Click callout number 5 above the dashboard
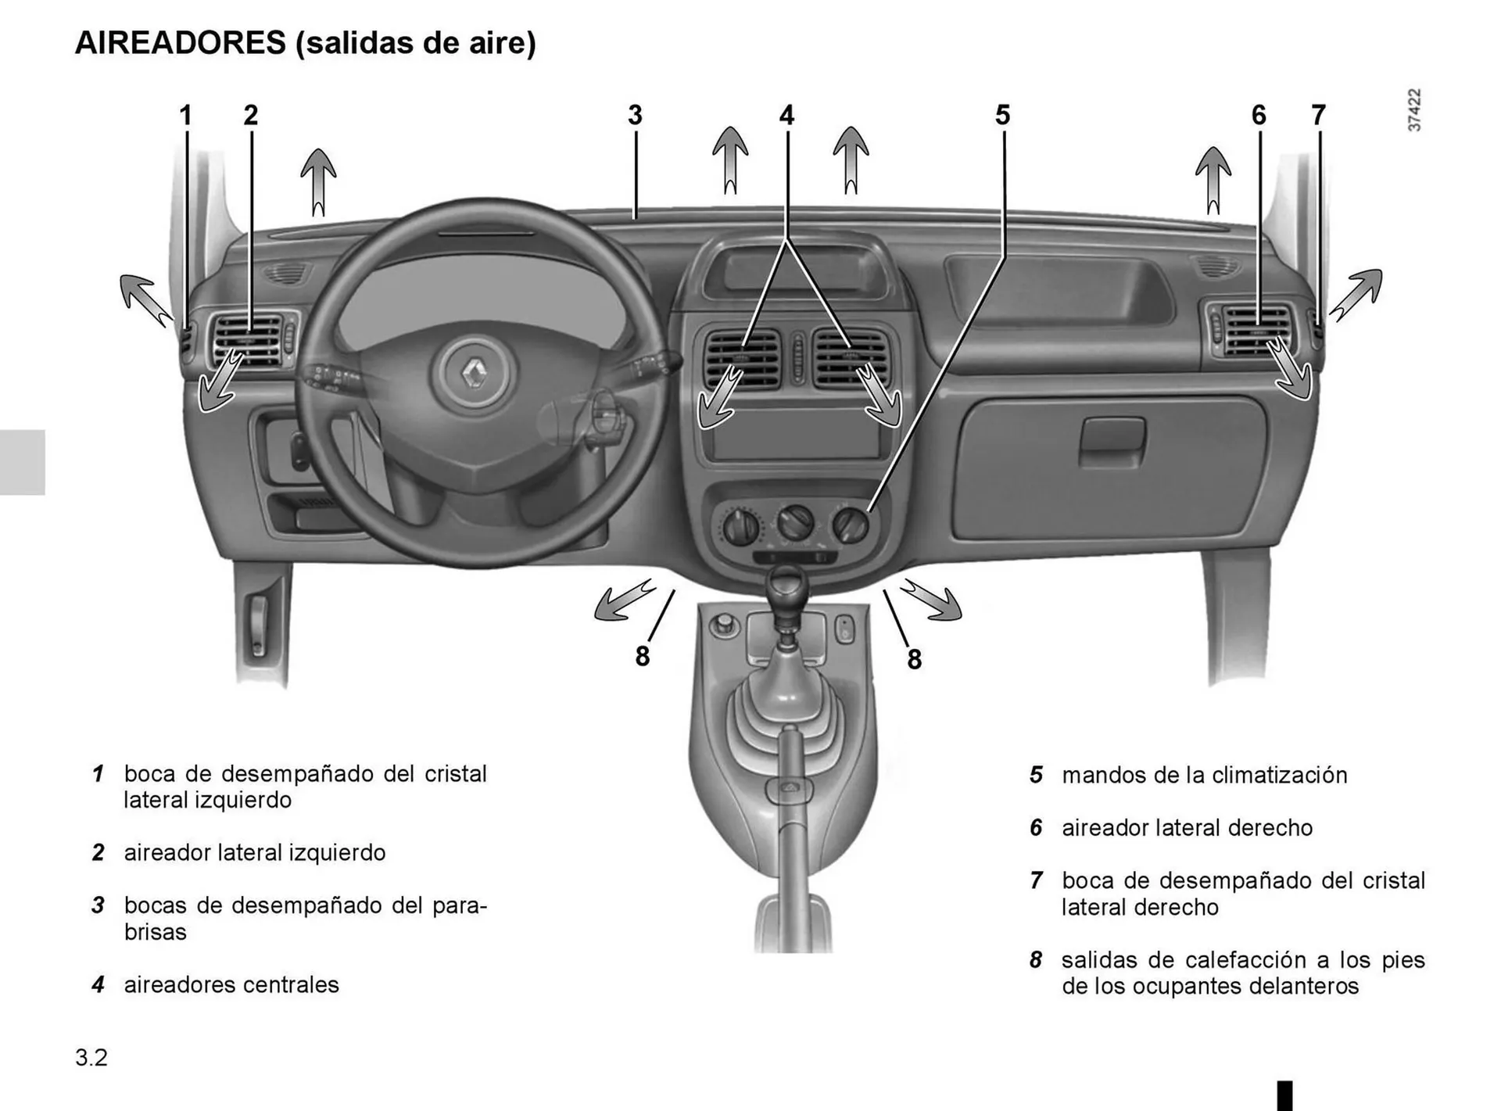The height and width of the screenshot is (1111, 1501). coord(1002,116)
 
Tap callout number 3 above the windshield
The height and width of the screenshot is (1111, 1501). coord(635,116)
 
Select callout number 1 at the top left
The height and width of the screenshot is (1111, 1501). coord(185,116)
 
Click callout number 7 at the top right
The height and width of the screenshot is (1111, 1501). coord(1318,116)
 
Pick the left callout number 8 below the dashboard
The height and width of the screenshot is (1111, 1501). coord(643,657)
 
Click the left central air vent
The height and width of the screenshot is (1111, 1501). coord(743,359)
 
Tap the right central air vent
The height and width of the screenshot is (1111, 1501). coord(851,359)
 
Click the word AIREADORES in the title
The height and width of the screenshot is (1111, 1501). coord(181,43)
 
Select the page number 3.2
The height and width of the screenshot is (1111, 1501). coord(91,1058)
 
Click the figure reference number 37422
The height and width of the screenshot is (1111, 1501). coord(1414,110)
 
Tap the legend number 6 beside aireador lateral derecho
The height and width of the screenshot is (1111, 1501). coord(1036,828)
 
